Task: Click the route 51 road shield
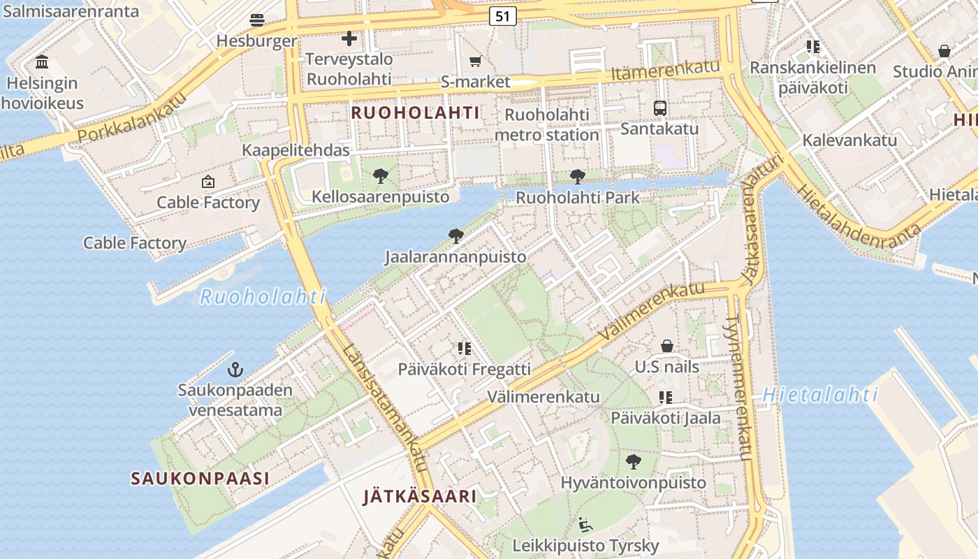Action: [x=502, y=16]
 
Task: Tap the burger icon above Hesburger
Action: [x=257, y=20]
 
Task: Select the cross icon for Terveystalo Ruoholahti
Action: [x=349, y=38]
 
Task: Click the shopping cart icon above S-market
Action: [x=476, y=61]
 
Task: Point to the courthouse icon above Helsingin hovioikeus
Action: [x=42, y=62]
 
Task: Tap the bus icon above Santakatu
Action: [x=659, y=108]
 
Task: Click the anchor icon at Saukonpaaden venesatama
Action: [x=236, y=369]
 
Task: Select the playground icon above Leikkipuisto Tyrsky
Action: [x=585, y=524]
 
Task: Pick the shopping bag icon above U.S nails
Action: [x=667, y=346]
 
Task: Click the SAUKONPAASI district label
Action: [x=200, y=479]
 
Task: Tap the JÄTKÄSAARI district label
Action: [x=420, y=497]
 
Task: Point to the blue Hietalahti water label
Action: [x=820, y=395]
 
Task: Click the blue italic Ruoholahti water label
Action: [x=263, y=297]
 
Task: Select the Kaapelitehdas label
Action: [x=295, y=150]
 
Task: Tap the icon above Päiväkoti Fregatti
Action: [x=465, y=348]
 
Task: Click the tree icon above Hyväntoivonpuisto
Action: [x=634, y=461]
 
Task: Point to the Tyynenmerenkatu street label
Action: [x=739, y=387]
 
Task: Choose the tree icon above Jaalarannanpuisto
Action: [x=455, y=236]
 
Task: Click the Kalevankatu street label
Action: [x=849, y=140]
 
